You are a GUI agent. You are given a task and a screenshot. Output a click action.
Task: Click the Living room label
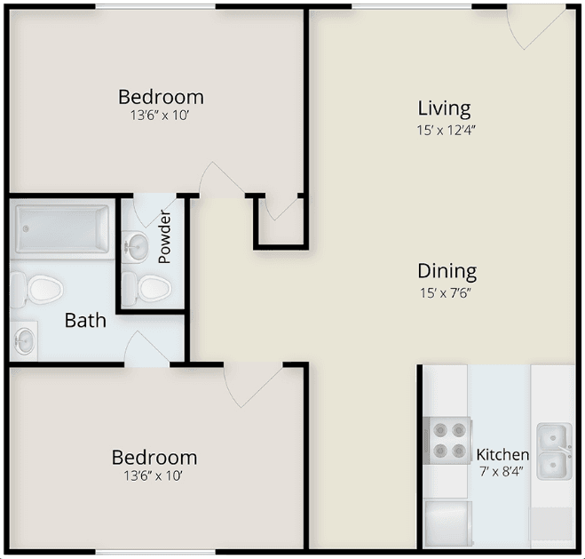pyautogui.click(x=444, y=109)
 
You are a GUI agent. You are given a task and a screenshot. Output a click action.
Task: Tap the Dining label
pyautogui.click(x=447, y=271)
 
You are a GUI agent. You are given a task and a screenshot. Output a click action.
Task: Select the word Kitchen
pyautogui.click(x=502, y=455)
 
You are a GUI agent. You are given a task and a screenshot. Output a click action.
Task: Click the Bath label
pyautogui.click(x=85, y=321)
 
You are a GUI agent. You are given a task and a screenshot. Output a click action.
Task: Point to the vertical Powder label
pyautogui.click(x=164, y=237)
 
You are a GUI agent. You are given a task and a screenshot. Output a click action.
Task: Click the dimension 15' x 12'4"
pyautogui.click(x=447, y=131)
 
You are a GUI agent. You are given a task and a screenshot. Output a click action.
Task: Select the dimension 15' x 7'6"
pyautogui.click(x=446, y=293)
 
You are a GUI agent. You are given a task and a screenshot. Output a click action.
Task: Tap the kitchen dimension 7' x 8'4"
pyautogui.click(x=501, y=472)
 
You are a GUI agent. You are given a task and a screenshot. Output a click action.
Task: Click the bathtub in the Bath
pyautogui.click(x=62, y=229)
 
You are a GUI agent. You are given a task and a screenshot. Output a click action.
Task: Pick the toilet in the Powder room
pyautogui.click(x=146, y=288)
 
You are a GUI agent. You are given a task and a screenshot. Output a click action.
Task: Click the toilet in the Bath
pyautogui.click(x=36, y=290)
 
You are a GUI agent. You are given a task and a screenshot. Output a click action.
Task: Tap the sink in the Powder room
pyautogui.click(x=135, y=246)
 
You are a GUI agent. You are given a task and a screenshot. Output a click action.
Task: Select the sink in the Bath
pyautogui.click(x=24, y=340)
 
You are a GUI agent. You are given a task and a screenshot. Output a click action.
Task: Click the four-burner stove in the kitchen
pyautogui.click(x=447, y=441)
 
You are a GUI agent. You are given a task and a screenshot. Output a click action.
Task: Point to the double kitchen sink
pyautogui.click(x=555, y=451)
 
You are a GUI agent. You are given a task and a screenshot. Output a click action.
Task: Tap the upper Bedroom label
pyautogui.click(x=162, y=97)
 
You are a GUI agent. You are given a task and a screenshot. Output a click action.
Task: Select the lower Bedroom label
pyautogui.click(x=154, y=458)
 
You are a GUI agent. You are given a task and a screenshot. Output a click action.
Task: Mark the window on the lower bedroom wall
pyautogui.click(x=155, y=552)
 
